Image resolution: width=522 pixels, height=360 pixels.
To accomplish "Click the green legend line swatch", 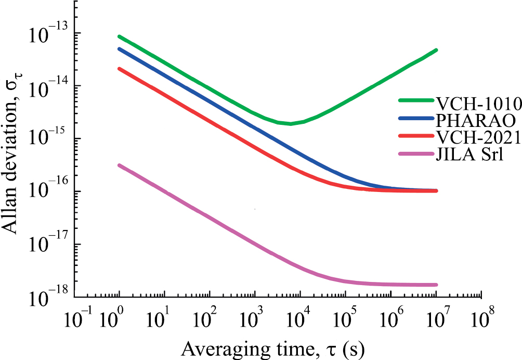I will click(416, 101).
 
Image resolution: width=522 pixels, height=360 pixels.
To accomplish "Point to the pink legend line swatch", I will click(416, 155).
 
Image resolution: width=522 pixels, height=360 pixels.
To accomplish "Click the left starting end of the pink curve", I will click(120, 165).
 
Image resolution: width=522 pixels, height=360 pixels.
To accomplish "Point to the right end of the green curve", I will click(436, 50).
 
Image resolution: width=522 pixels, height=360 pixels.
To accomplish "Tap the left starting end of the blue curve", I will click(120, 49).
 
